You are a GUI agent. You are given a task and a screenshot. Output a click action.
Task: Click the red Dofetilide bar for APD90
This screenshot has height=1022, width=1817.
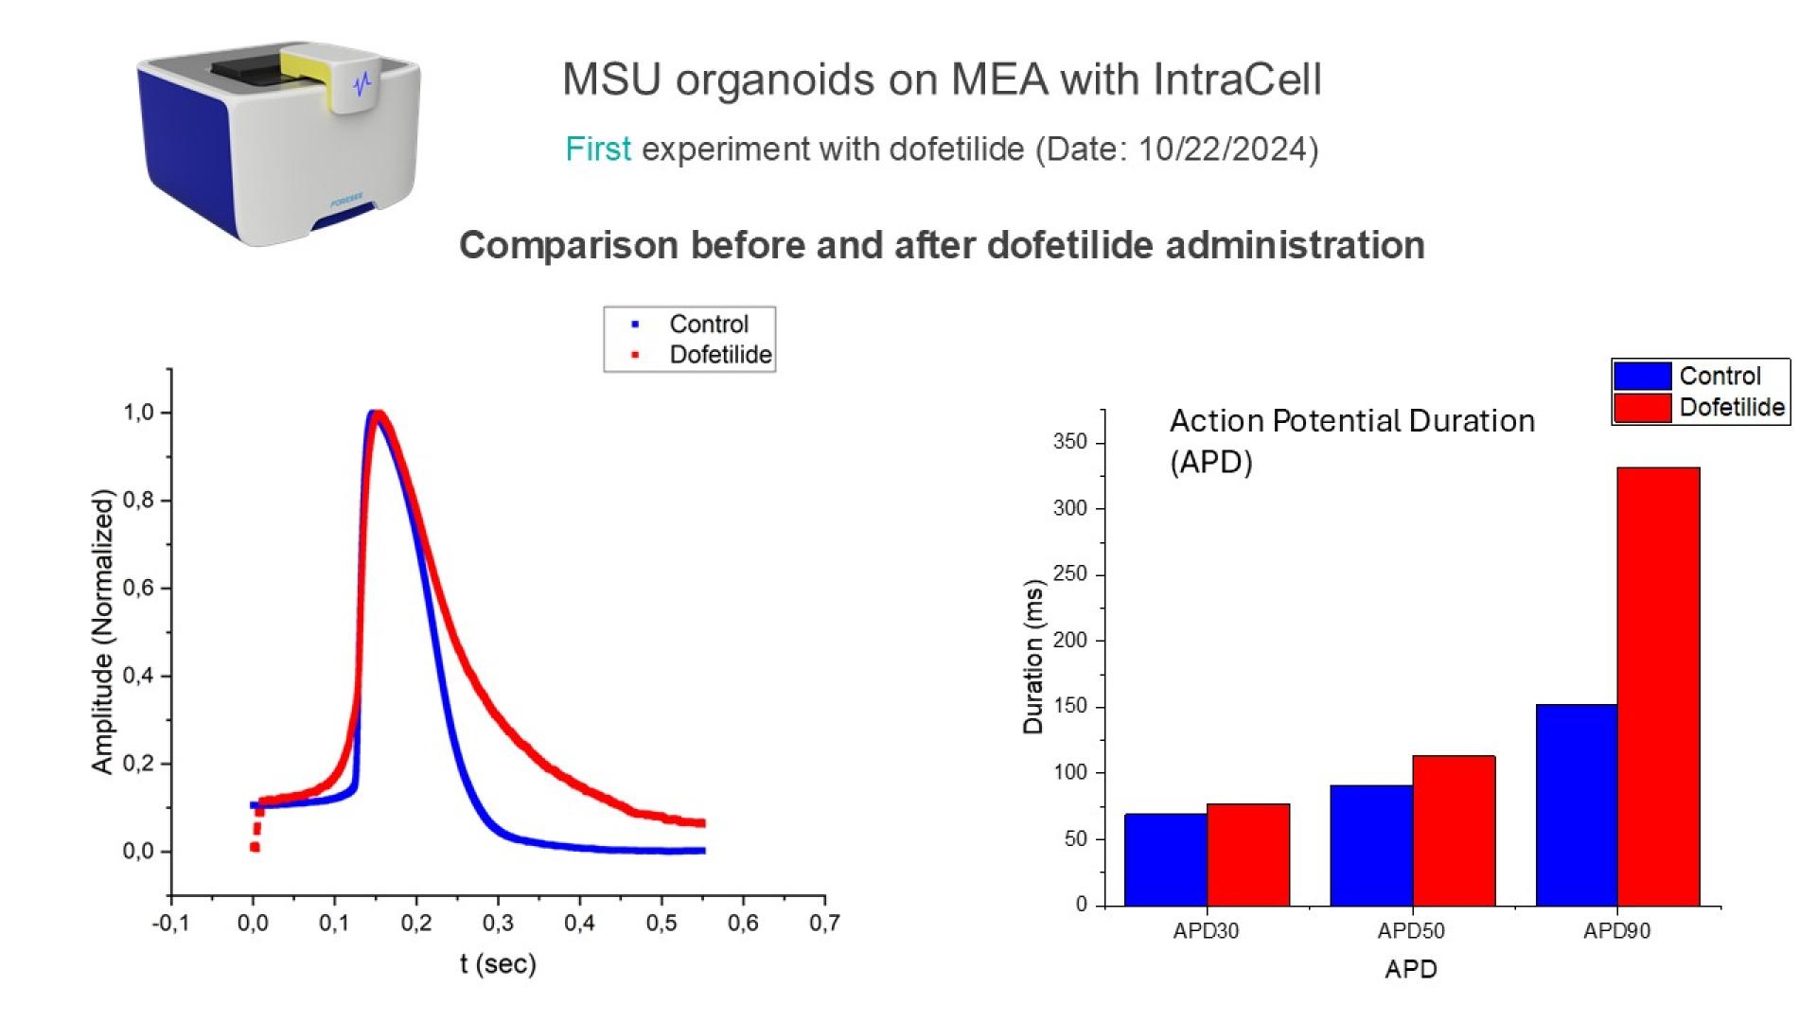click(1658, 686)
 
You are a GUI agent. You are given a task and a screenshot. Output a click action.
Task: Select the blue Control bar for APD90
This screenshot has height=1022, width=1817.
click(1576, 804)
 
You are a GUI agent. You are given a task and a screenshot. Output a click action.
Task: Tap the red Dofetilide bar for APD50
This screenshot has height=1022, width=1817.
click(1454, 830)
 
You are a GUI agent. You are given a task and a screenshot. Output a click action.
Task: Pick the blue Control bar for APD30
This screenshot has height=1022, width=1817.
click(1165, 859)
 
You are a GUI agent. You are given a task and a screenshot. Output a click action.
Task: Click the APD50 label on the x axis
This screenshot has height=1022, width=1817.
click(1410, 931)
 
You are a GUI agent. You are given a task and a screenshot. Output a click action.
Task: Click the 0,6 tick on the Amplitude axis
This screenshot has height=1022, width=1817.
click(138, 588)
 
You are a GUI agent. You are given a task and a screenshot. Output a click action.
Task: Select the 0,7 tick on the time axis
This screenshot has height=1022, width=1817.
click(823, 923)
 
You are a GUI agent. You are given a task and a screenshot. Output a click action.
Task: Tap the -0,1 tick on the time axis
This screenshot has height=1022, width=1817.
click(170, 923)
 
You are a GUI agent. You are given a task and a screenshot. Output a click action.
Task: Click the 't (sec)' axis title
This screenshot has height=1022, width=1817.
click(498, 964)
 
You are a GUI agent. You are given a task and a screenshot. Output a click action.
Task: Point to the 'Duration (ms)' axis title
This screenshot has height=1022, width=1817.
click(1032, 658)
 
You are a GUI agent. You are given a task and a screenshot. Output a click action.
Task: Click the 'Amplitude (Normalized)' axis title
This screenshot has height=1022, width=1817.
click(102, 631)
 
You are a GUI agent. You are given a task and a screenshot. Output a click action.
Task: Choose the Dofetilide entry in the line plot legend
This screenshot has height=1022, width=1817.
click(719, 355)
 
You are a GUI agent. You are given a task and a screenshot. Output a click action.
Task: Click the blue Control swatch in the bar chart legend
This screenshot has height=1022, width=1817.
click(1642, 376)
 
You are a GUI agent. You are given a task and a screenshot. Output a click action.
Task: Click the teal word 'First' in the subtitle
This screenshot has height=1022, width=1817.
click(597, 150)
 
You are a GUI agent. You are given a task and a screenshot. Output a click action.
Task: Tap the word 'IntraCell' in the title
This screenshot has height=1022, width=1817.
click(1237, 79)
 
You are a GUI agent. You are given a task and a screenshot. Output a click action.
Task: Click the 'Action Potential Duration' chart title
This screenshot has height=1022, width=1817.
click(1351, 421)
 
